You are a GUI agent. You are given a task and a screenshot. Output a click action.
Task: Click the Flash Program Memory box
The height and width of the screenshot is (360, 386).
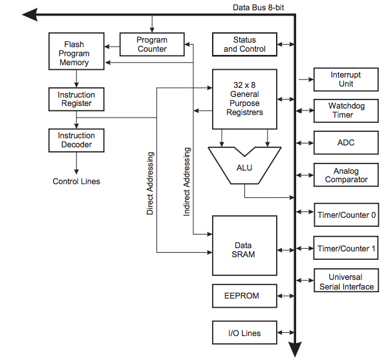[x=76, y=51]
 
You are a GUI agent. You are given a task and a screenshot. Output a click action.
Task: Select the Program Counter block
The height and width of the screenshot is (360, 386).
[x=152, y=45]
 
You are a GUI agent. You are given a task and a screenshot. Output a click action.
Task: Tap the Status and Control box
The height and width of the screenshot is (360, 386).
[x=244, y=45]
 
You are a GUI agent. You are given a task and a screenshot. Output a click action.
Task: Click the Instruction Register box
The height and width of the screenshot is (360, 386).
[x=76, y=99]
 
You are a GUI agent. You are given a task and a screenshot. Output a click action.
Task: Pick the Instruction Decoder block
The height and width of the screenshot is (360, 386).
[x=76, y=140]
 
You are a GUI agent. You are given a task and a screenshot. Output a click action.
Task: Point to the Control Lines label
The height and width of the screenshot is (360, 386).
[x=76, y=182]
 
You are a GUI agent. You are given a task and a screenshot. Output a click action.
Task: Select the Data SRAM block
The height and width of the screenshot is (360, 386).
[x=244, y=246]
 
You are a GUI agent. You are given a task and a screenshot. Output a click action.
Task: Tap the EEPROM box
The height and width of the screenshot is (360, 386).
[x=244, y=296]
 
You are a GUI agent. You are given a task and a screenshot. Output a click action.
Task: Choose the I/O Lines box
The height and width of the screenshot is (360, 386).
[x=244, y=332]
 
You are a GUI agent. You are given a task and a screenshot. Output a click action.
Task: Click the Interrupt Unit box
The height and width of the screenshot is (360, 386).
[x=346, y=79]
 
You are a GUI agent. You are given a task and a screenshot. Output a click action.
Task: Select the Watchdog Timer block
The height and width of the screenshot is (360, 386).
[x=346, y=111]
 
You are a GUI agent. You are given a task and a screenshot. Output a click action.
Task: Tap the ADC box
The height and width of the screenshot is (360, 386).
[x=346, y=143]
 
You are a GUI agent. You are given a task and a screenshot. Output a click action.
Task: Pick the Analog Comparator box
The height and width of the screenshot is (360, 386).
[x=346, y=175]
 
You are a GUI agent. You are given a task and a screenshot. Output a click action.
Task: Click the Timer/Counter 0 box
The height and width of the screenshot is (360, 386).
[x=347, y=215]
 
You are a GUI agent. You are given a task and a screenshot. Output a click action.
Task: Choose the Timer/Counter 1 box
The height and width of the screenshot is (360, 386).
[x=346, y=248]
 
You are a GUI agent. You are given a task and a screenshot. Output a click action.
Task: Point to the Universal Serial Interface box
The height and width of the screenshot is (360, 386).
[x=346, y=281]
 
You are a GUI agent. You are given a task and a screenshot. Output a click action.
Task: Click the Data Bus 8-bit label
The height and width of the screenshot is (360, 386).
[x=258, y=8]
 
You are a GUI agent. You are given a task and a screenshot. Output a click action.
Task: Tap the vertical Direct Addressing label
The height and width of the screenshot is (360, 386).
[x=150, y=184]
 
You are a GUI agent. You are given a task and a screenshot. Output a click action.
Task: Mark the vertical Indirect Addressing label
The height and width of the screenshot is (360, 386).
[x=187, y=182]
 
